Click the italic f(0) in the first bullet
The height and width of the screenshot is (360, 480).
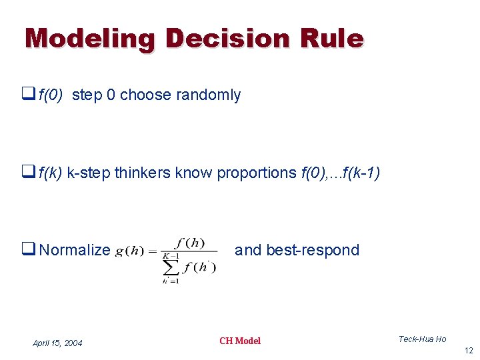pos(51,95)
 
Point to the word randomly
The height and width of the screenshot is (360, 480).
pos(208,95)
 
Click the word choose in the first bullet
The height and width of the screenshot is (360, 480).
pos(145,95)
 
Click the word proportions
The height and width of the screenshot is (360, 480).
pos(256,173)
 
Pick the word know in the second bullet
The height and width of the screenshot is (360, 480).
pos(193,173)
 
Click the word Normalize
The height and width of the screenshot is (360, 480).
pos(75,251)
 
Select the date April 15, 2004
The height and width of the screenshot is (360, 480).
pos(57,343)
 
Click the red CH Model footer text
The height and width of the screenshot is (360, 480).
pos(240,341)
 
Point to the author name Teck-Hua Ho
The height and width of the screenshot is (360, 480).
pos(422,339)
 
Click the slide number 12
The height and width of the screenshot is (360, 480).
pos(468,351)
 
